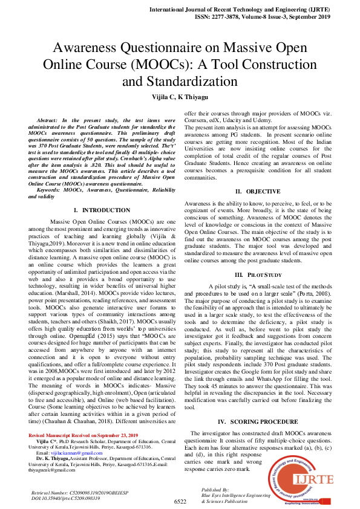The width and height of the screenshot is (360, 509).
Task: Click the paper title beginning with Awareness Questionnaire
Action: point(180,64)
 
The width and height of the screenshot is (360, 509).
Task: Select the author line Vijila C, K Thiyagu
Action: point(180,97)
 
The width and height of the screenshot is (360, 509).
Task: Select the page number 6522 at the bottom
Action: point(180,501)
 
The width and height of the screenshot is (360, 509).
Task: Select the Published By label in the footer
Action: point(215,490)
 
